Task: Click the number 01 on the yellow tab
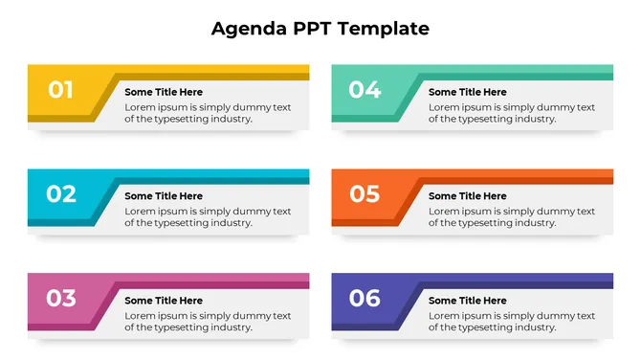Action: [61, 90]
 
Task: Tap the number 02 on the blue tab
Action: [61, 194]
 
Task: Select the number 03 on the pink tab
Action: [61, 299]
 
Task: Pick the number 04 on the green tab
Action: [365, 90]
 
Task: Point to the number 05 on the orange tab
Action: [365, 194]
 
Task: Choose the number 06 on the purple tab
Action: [365, 299]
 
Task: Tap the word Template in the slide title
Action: [383, 29]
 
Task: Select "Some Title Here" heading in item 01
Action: [164, 92]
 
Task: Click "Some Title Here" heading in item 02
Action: [164, 196]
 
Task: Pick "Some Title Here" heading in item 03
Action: [164, 301]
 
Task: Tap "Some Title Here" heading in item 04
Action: [468, 92]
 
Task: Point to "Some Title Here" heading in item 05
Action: [468, 196]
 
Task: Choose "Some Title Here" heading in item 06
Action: [468, 301]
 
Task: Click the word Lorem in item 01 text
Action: [139, 107]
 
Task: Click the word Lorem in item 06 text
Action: [443, 316]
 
